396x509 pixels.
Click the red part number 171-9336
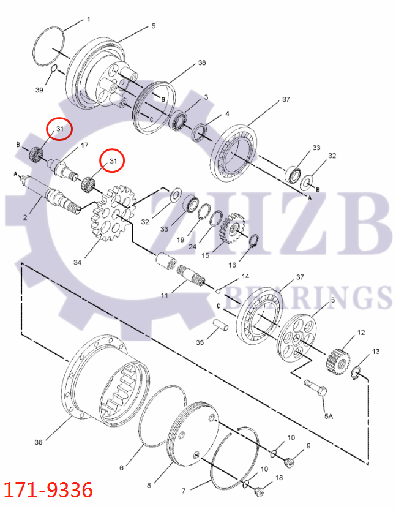pyautogui.click(x=48, y=491)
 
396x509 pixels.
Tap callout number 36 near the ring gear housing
pyautogui.click(x=38, y=442)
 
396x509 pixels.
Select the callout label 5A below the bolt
pyautogui.click(x=329, y=417)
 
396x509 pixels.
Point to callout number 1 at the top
pyautogui.click(x=88, y=20)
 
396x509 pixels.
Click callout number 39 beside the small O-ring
pyautogui.click(x=39, y=90)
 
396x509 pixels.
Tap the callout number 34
pyautogui.click(x=77, y=262)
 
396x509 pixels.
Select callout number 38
pyautogui.click(x=202, y=63)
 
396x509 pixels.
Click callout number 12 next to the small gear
pyautogui.click(x=361, y=333)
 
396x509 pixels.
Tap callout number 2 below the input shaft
pyautogui.click(x=26, y=217)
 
